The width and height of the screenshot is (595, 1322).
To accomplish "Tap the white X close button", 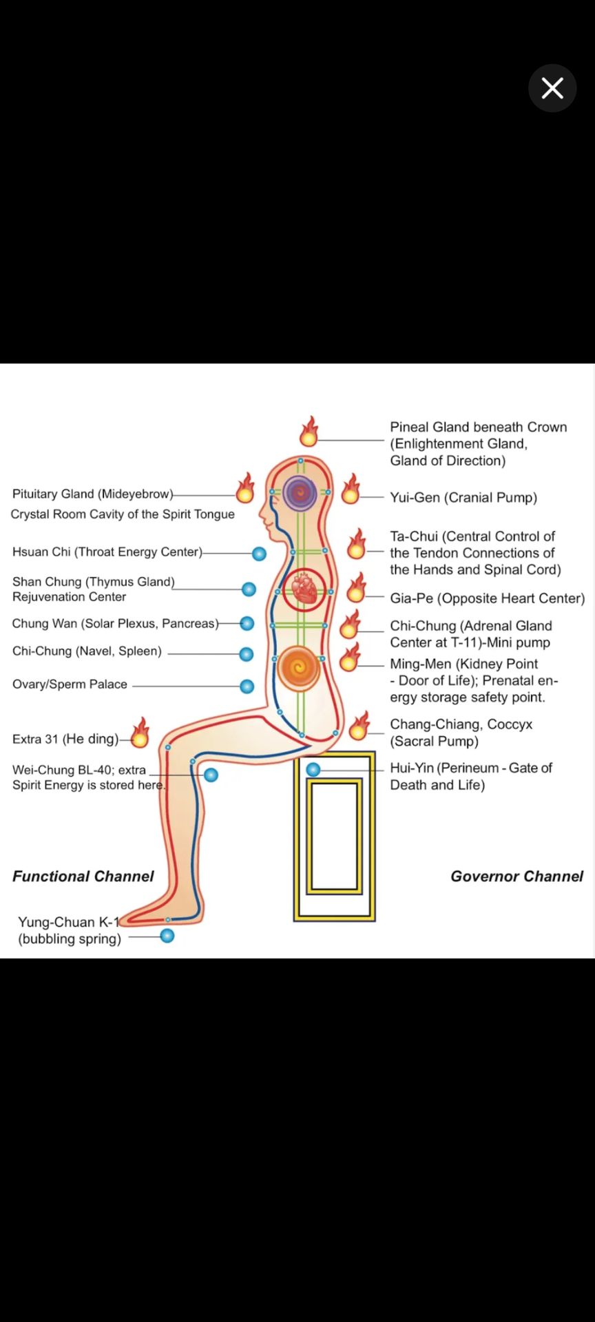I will [x=552, y=88].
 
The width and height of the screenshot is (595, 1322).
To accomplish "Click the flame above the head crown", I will [x=309, y=432].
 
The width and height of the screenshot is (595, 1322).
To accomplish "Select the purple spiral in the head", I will [x=300, y=492].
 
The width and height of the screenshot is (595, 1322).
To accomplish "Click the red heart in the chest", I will [x=304, y=589].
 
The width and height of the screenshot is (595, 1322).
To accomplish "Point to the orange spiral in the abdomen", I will [x=299, y=667].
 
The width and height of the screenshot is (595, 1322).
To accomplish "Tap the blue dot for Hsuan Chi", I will [x=259, y=554].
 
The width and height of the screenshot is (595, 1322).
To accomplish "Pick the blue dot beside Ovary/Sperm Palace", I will [x=247, y=686].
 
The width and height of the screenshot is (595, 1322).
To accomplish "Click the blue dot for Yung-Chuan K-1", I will [x=167, y=936].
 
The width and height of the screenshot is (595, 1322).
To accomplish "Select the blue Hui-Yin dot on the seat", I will [x=313, y=769].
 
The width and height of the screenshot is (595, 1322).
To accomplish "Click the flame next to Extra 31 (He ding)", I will [x=140, y=733].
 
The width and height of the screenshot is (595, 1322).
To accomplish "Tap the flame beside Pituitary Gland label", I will [x=245, y=489].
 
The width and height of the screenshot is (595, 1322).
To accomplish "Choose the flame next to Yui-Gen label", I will [x=351, y=490].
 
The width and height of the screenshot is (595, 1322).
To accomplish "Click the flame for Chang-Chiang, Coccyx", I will [x=358, y=726].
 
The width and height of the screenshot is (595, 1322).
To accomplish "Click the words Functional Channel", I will [x=83, y=877].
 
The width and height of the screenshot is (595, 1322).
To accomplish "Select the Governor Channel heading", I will [x=516, y=877].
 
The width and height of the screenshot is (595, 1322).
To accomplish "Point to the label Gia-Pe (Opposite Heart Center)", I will [x=487, y=598].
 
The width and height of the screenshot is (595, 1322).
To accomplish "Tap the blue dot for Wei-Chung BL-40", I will [x=211, y=775].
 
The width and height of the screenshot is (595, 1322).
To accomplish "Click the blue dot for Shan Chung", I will [x=249, y=589].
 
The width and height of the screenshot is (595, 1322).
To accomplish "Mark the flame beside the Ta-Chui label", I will [x=357, y=545].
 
